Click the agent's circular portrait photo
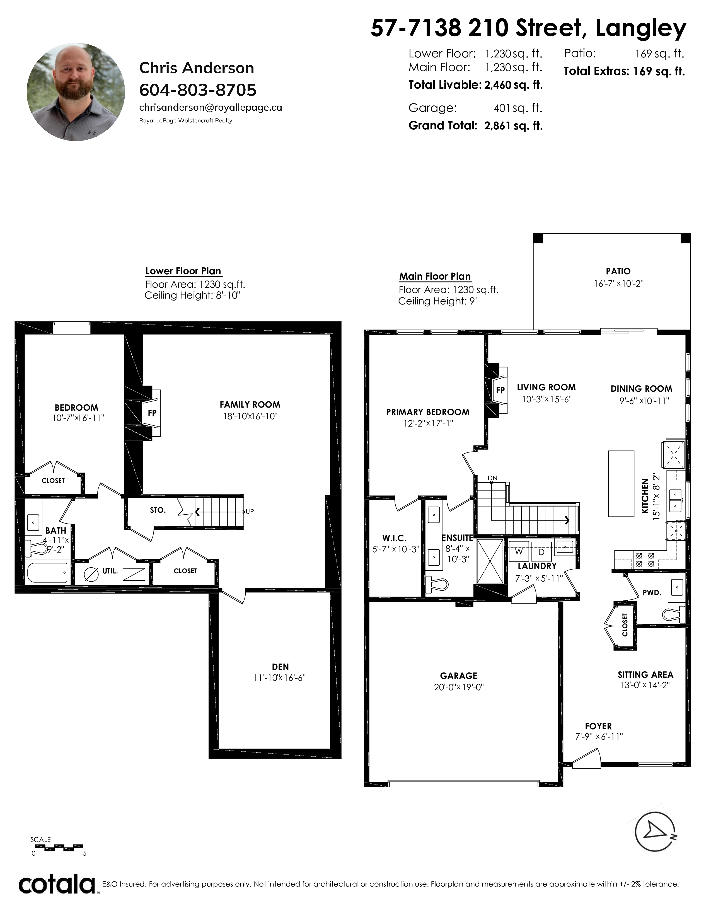point(76,91)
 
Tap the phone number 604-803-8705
point(198,90)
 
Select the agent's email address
point(211,107)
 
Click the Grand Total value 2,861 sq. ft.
point(513,125)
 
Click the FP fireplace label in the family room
point(152,413)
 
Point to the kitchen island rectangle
point(621,484)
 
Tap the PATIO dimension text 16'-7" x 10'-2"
point(619,284)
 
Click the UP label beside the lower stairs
point(250,512)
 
